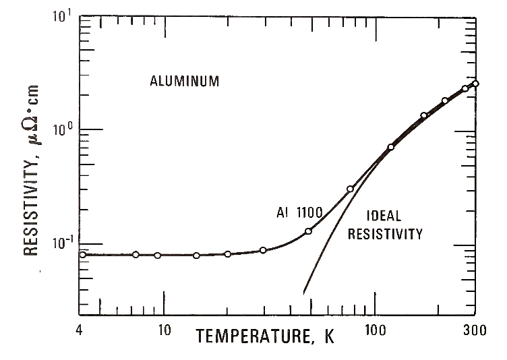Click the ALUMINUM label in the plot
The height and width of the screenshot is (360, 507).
click(x=184, y=82)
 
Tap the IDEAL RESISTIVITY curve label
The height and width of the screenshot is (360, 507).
click(x=394, y=226)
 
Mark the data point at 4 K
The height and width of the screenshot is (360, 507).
click(x=82, y=254)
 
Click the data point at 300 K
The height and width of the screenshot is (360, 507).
click(x=475, y=84)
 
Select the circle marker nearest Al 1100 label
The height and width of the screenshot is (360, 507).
click(x=308, y=231)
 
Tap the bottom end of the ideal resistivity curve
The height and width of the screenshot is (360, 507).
click(x=304, y=293)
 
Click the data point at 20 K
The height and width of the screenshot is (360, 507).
click(x=227, y=254)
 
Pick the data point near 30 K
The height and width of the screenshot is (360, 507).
click(x=263, y=250)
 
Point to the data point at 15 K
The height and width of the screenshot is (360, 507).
click(x=196, y=256)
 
